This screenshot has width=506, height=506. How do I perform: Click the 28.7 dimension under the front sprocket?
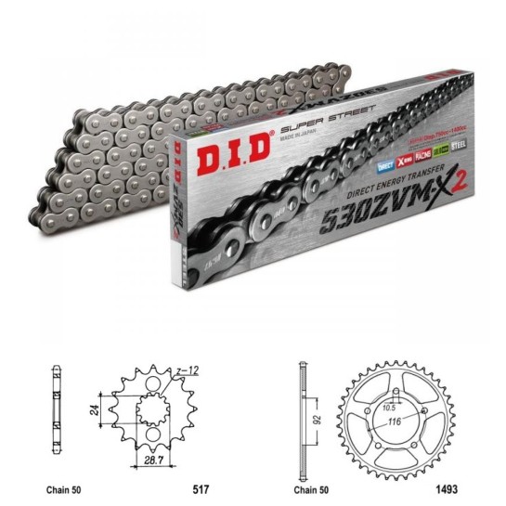point(151,461)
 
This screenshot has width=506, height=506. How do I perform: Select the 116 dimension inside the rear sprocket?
point(397,423)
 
